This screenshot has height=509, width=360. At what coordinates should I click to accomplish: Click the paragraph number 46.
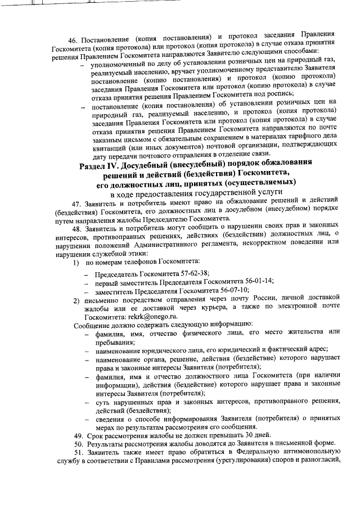coord(72,41)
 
